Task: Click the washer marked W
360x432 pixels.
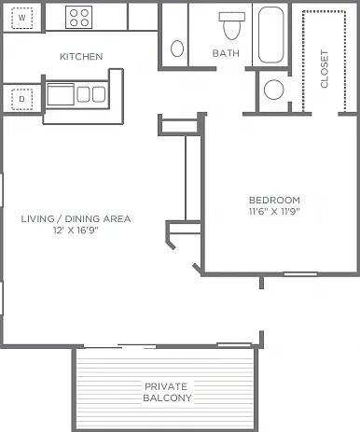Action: pos(21,18)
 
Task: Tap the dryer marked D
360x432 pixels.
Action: pos(21,99)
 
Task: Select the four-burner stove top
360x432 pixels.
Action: pos(79,18)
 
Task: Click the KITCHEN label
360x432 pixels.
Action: pos(81,57)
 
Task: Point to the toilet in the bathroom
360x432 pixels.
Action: pos(232,26)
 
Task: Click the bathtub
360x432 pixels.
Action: pos(271,35)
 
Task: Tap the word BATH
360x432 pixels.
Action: pos(226,53)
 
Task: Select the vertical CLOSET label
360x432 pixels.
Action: pos(325,69)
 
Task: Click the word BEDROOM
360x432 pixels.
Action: pos(274,200)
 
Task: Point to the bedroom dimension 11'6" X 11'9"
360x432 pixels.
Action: pos(274,212)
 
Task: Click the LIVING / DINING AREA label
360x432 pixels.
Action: pos(76,218)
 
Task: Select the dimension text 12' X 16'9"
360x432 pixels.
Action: pos(76,230)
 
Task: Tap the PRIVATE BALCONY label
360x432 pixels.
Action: pos(167,392)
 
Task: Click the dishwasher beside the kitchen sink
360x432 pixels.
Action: pos(61,94)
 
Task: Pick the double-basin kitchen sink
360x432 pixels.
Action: pos(91,94)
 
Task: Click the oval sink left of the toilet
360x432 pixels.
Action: pos(177,49)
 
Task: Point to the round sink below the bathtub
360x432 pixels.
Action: pos(274,90)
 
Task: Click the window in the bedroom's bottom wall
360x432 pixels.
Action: pos(300,274)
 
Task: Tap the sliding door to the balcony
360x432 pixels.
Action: pos(120,346)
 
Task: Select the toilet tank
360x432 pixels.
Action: pos(232,17)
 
